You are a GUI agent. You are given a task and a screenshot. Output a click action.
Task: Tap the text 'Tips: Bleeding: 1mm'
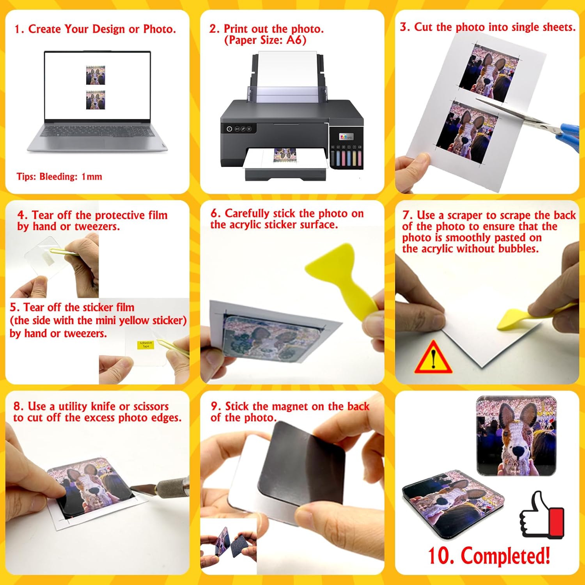point(59,177)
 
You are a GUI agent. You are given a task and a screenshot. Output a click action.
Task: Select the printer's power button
point(229,129)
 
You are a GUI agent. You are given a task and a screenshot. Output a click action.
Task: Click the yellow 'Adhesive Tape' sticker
point(145,345)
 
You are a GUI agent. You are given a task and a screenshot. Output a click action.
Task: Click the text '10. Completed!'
point(489,555)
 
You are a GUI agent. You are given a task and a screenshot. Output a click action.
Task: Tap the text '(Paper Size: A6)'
point(265,40)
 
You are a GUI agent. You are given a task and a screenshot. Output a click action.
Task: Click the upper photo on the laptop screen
point(96,75)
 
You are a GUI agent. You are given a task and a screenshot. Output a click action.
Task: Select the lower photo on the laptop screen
point(96,100)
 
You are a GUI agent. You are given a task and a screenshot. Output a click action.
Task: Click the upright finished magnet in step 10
point(517,436)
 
